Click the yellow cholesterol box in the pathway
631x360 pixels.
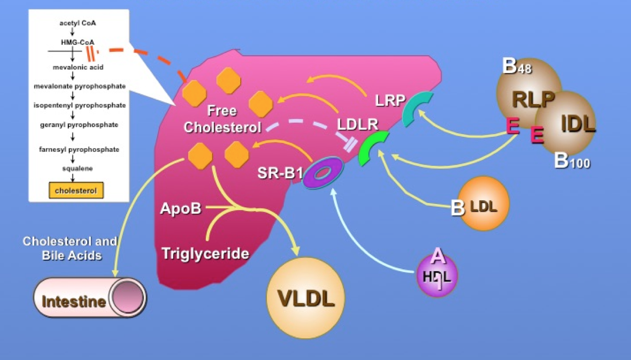76,190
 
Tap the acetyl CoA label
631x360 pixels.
74,23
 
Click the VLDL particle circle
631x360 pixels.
306,298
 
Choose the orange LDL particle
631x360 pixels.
484,203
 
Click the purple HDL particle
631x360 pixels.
437,276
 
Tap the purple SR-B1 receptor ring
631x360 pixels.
323,173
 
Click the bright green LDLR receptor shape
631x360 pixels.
373,148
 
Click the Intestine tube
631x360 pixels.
90,298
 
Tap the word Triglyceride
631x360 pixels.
205,253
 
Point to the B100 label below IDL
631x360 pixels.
572,161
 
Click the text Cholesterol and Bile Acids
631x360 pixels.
69,248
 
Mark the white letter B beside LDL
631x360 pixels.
458,208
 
